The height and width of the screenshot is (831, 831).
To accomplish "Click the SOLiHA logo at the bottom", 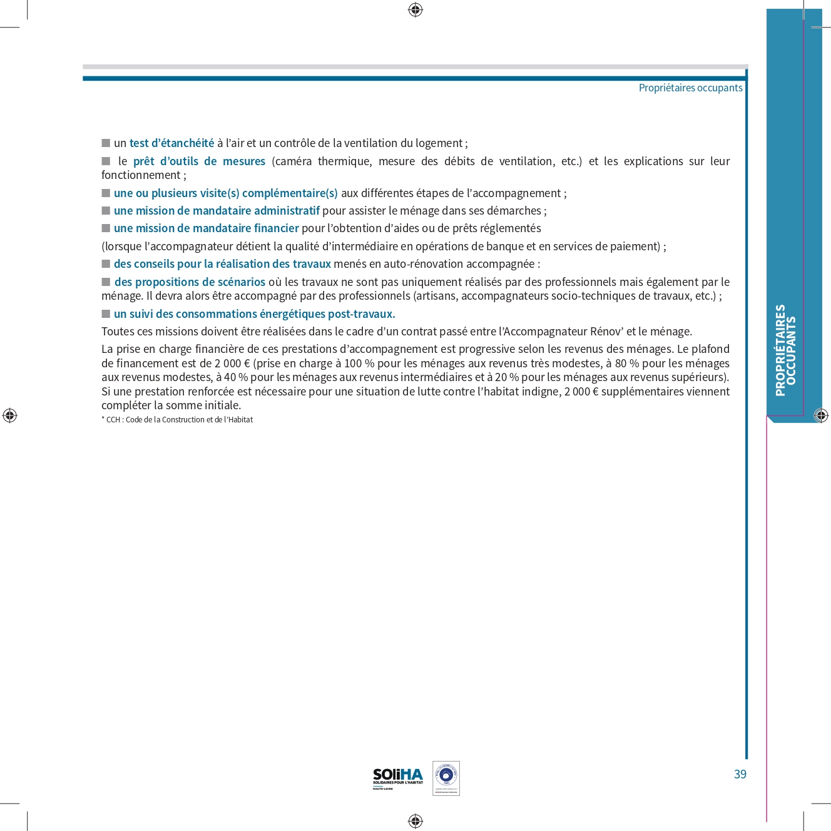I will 398,778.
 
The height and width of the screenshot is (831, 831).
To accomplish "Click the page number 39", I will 740,774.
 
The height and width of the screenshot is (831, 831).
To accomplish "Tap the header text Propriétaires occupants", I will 690,88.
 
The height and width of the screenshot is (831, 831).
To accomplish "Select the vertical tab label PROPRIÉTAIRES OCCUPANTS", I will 785,350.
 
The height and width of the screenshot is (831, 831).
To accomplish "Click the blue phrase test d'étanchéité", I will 171,143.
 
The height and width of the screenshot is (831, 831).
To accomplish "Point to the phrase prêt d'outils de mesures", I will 199,161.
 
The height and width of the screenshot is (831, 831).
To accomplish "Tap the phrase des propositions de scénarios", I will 190,282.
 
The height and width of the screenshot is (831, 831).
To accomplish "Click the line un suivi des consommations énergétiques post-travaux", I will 254,314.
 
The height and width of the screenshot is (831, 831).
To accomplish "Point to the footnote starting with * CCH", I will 177,420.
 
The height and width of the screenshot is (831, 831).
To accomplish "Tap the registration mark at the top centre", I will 415,10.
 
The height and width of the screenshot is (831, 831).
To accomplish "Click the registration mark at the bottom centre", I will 415,821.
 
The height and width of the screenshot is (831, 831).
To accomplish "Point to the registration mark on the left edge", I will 10,415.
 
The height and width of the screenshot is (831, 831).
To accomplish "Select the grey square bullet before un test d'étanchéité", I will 106,143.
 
